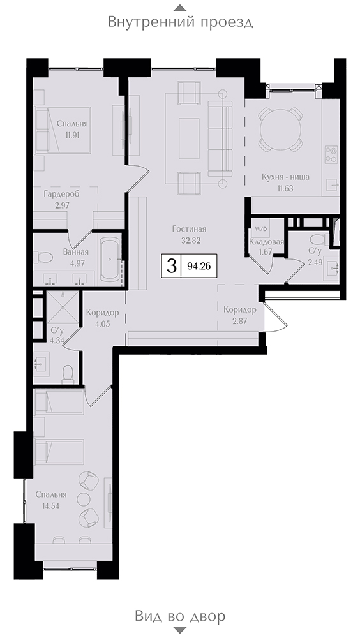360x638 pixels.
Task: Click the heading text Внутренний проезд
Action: click(x=180, y=22)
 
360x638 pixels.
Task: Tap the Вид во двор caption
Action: click(x=180, y=616)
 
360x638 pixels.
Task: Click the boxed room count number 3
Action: click(x=172, y=267)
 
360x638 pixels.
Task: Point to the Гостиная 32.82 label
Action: click(x=186, y=234)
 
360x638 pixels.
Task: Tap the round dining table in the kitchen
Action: click(x=281, y=129)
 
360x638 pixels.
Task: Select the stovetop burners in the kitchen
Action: click(x=331, y=154)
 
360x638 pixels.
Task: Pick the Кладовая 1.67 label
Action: click(x=266, y=246)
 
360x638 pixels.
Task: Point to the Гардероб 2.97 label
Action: click(x=62, y=199)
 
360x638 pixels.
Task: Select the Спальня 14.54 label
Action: click(x=50, y=500)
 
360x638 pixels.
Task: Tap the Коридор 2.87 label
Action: click(x=240, y=315)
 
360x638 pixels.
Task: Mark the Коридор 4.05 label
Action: click(x=102, y=317)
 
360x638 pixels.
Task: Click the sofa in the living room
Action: click(x=220, y=138)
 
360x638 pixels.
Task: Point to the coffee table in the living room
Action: click(x=189, y=138)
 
